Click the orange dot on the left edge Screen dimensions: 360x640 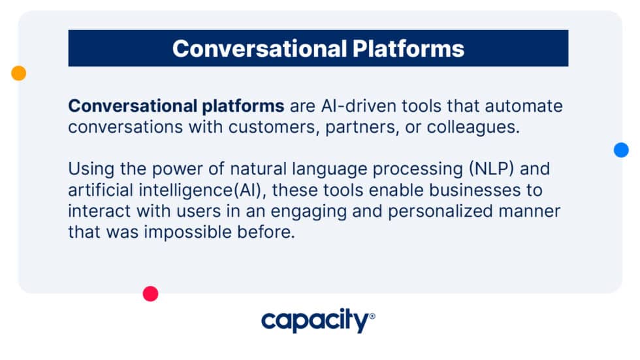click(x=19, y=73)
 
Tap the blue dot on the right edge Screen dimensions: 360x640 click(x=621, y=150)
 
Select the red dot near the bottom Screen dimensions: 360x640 click(x=151, y=294)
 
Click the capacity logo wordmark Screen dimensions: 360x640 click(x=315, y=321)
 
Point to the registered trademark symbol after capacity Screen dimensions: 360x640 click(x=372, y=316)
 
